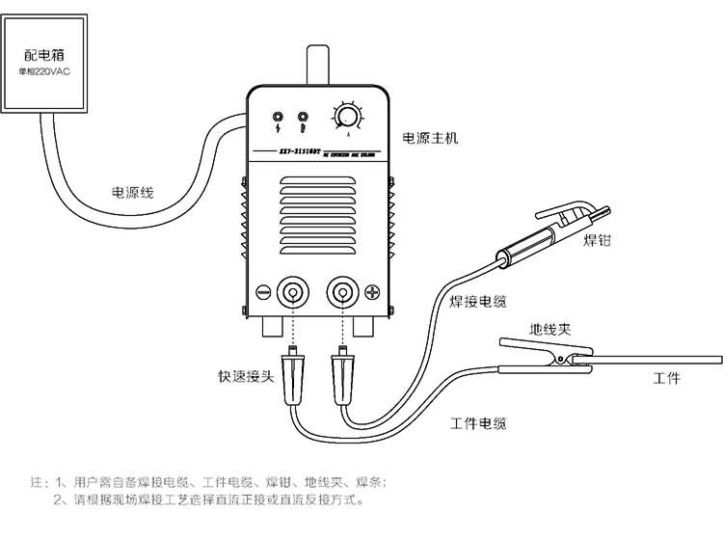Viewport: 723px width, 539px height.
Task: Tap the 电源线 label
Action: pyautogui.click(x=134, y=192)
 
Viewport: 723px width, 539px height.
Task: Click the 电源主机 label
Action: pyautogui.click(x=430, y=138)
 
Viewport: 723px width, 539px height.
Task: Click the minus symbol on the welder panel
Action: pyautogui.click(x=262, y=290)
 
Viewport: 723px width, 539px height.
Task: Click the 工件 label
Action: pyautogui.click(x=666, y=378)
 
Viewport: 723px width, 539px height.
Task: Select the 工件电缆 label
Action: pyautogui.click(x=478, y=423)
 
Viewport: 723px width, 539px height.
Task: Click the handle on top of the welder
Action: pyautogui.click(x=319, y=64)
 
